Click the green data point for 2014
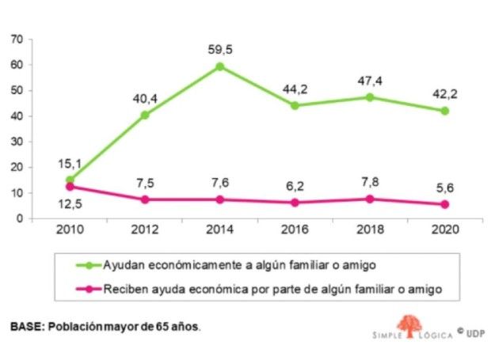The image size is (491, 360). pos(219,66)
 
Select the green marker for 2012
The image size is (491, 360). pos(145,115)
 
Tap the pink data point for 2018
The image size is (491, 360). pos(370,199)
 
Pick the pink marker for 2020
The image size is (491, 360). pos(445,204)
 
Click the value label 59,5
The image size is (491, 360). pos(219,50)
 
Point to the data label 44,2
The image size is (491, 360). pos(295,89)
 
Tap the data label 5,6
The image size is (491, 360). pos(444,188)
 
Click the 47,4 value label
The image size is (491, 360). pos(370,81)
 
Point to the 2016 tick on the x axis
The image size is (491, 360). pos(295,230)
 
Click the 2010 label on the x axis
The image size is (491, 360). pos(70,230)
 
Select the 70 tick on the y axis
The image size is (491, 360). pos(17,39)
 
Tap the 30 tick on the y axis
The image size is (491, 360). pos(17,142)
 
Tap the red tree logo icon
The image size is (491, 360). pos(409,326)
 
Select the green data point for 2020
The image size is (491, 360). pos(445,111)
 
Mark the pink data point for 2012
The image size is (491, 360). pos(145,199)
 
